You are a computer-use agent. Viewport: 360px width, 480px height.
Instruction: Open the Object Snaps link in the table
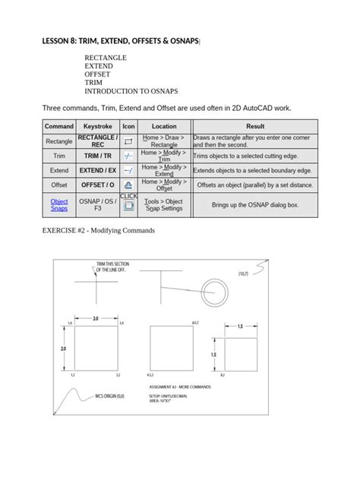click(58, 205)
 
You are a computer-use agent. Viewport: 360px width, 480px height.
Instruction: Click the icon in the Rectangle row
click(128, 141)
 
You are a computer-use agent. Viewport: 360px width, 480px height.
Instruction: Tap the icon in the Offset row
click(128, 185)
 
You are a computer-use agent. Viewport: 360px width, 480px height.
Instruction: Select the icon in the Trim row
click(128, 156)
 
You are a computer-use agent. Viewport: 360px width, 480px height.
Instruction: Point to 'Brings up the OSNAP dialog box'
click(254, 205)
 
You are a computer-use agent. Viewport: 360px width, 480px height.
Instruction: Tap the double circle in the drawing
click(213, 289)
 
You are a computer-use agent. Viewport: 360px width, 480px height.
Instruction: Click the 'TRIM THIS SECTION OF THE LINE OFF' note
click(112, 266)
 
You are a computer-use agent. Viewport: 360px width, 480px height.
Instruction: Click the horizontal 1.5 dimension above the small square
click(239, 326)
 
